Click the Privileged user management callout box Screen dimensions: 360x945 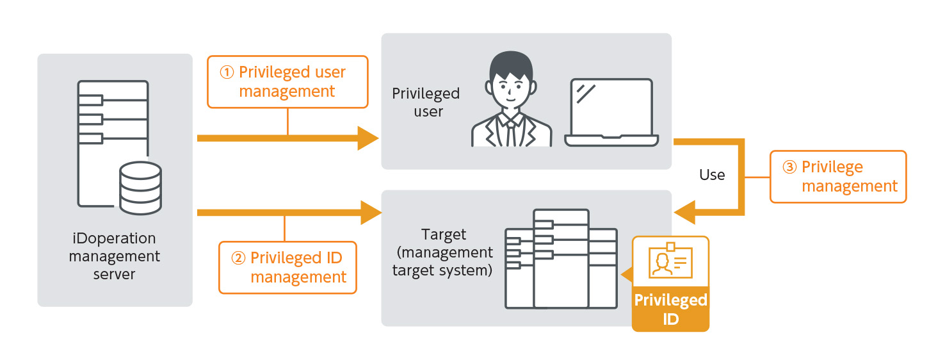click(287, 81)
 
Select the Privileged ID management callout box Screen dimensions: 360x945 click(287, 267)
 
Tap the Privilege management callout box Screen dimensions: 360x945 click(838, 177)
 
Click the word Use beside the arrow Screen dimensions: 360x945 click(712, 175)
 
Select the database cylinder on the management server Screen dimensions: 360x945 click(140, 188)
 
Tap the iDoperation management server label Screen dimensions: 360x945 click(115, 256)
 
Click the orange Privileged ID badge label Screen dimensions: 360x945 click(670, 309)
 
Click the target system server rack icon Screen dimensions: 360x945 click(561, 259)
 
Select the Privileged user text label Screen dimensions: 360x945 click(426, 102)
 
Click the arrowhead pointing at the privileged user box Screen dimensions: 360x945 click(368, 138)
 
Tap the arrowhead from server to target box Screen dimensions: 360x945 click(371, 212)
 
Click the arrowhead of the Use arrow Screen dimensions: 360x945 click(685, 212)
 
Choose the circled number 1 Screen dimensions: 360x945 click(227, 72)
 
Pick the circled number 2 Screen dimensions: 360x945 click(238, 258)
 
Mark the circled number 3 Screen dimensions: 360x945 click(789, 167)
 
